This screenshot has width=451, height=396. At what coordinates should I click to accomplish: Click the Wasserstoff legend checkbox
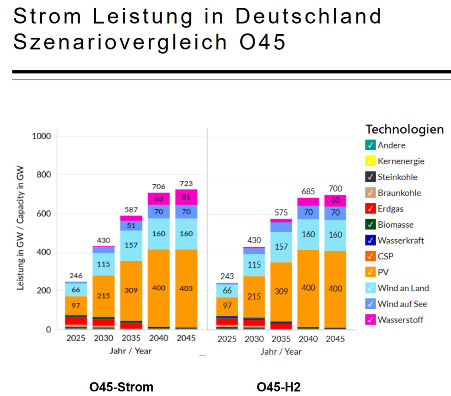[x=370, y=320]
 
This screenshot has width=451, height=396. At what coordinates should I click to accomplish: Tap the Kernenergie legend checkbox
[x=370, y=161]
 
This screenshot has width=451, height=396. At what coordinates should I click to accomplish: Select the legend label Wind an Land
[x=403, y=288]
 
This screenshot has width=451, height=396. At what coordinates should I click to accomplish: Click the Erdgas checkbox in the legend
[x=370, y=209]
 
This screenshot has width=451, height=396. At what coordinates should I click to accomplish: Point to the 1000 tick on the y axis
[x=41, y=136]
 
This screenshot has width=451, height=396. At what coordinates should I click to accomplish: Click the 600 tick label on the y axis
[x=44, y=214]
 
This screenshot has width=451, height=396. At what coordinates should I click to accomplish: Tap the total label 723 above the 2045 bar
[x=186, y=184]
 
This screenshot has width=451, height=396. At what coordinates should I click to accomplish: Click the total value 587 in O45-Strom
[x=131, y=210]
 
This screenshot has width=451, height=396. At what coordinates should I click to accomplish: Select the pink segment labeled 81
[x=186, y=197]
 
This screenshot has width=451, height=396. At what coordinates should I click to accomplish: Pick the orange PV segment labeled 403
[x=186, y=289]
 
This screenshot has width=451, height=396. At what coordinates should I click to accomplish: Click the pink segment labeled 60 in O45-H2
[x=335, y=200]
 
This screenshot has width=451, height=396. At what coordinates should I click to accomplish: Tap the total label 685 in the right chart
[x=308, y=191]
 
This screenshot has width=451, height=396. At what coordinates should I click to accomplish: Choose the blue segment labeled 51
[x=131, y=226]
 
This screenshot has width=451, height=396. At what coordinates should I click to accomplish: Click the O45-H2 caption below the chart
[x=279, y=387]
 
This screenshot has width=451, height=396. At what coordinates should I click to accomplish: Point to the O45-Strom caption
[x=121, y=387]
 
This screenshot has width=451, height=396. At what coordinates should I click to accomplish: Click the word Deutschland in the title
[x=308, y=16]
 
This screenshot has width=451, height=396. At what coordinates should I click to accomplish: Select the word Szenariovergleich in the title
[x=120, y=42]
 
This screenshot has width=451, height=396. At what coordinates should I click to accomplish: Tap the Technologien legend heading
[x=405, y=129]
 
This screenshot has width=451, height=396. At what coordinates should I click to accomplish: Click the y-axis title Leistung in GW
[x=20, y=228]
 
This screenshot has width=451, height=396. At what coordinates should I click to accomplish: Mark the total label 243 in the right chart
[x=227, y=276]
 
